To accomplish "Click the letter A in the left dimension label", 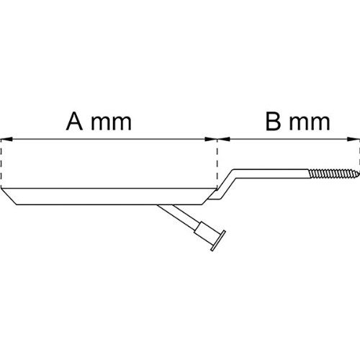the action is (x=74, y=122).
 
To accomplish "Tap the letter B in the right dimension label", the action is (x=274, y=122).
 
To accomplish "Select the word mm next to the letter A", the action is (x=112, y=123).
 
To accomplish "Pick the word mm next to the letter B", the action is (x=310, y=123).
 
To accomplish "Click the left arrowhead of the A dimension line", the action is (x=6, y=139).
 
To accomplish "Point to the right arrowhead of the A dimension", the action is (x=211, y=139).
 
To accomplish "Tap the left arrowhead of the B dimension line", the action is (x=224, y=139).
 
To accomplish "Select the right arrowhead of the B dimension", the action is (x=354, y=139).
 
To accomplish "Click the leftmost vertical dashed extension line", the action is (x=1, y=164).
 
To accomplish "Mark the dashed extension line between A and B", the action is (x=217, y=164).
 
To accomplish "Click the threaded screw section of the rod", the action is (x=334, y=174).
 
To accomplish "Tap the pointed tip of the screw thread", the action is (x=359, y=173).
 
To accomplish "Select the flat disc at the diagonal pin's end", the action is (x=218, y=240).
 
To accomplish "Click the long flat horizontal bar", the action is (x=108, y=197).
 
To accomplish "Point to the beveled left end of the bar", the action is (x=9, y=197).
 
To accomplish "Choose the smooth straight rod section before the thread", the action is (x=272, y=174).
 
